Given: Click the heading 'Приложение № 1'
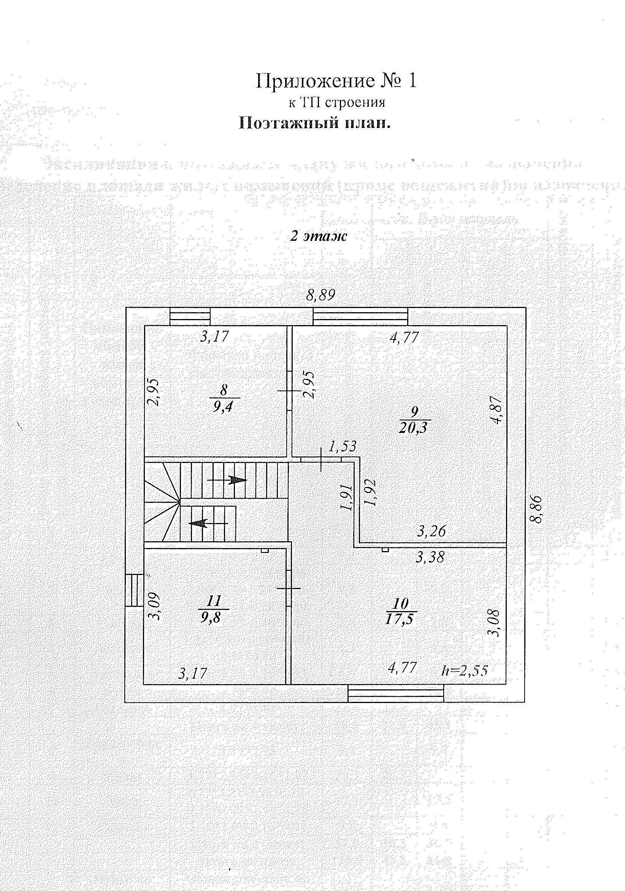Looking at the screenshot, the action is (x=336, y=81).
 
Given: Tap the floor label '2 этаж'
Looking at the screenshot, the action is (x=318, y=236).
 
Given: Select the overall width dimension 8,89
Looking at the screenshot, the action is (x=320, y=295).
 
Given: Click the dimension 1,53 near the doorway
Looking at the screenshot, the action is (x=342, y=446).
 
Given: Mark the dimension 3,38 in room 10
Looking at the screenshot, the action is (x=430, y=558).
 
